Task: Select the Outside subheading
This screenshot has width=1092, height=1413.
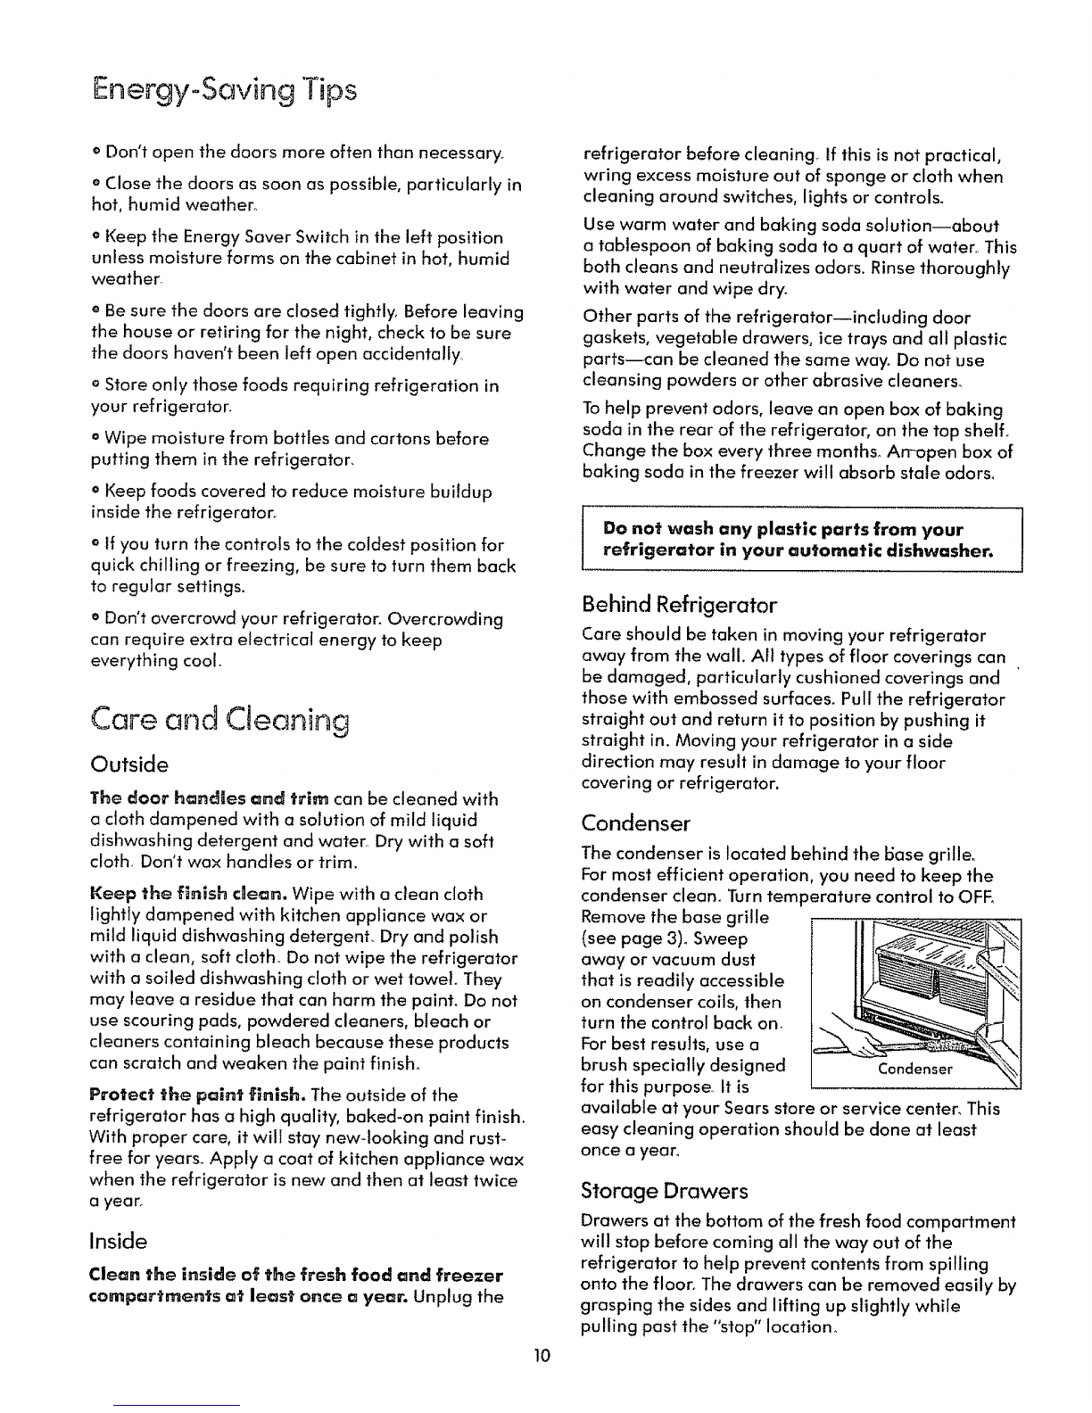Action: pos(130,764)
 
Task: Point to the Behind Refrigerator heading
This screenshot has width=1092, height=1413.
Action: pos(679,606)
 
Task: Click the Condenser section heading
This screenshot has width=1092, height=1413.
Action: pos(636,821)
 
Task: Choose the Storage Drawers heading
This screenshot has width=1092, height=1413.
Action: pos(664,1191)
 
